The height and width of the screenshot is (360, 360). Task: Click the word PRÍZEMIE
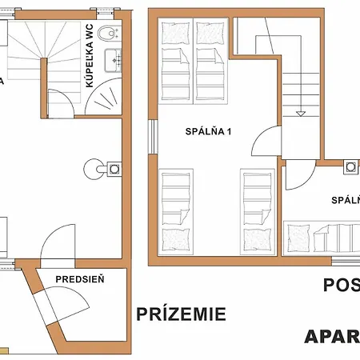pos(180,313)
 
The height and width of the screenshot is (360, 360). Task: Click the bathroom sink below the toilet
pos(116,58)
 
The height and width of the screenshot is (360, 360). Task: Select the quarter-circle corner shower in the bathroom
pos(105,101)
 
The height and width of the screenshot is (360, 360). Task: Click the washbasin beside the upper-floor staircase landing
pos(350,166)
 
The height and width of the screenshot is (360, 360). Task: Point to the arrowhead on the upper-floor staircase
pos(300,112)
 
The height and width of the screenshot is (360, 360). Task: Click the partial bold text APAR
pos(331,336)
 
